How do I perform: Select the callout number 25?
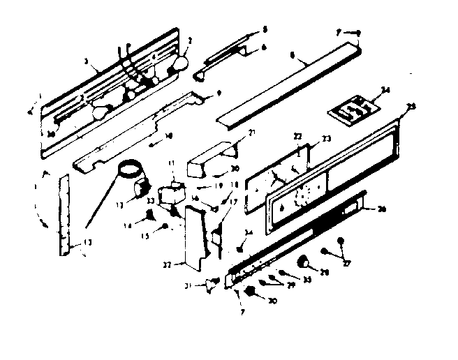pos(411,106)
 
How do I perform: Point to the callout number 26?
pos(381,209)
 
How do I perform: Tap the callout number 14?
pos(128,225)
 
